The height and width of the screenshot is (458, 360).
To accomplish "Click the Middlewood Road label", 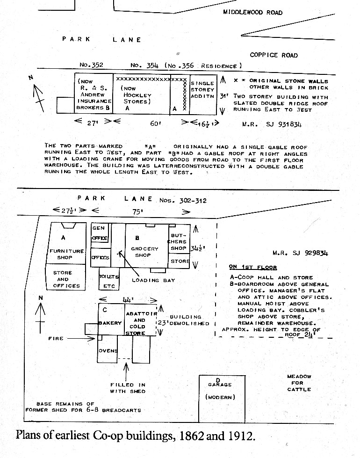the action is point(252,12).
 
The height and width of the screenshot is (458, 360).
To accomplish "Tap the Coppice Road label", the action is point(274,55).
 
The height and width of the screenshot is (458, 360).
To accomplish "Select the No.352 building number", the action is point(91,65).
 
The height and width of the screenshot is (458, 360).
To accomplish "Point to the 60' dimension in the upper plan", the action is point(156,124).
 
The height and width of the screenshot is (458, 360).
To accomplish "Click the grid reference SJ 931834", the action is point(283,124).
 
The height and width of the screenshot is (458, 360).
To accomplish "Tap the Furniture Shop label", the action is point(66,254).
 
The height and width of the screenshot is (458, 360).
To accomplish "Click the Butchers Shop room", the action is point(179,241).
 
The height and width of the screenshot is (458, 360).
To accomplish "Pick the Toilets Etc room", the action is point(109,279).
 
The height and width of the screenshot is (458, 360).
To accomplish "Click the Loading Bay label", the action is point(153,280).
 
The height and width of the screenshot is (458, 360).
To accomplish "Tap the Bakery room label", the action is point(110,323).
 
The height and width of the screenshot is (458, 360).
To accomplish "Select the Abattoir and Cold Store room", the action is point(140,320).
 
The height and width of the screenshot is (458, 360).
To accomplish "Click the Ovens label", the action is point(108,350).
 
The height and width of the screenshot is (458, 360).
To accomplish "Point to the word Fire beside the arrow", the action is point(56,339).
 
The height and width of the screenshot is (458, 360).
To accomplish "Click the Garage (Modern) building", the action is point(222,399).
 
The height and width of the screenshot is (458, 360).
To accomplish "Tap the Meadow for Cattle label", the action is point(299,383).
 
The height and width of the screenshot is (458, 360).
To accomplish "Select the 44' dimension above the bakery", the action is point(128,300).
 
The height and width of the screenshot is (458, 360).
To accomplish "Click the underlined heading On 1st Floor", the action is point(253,267).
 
